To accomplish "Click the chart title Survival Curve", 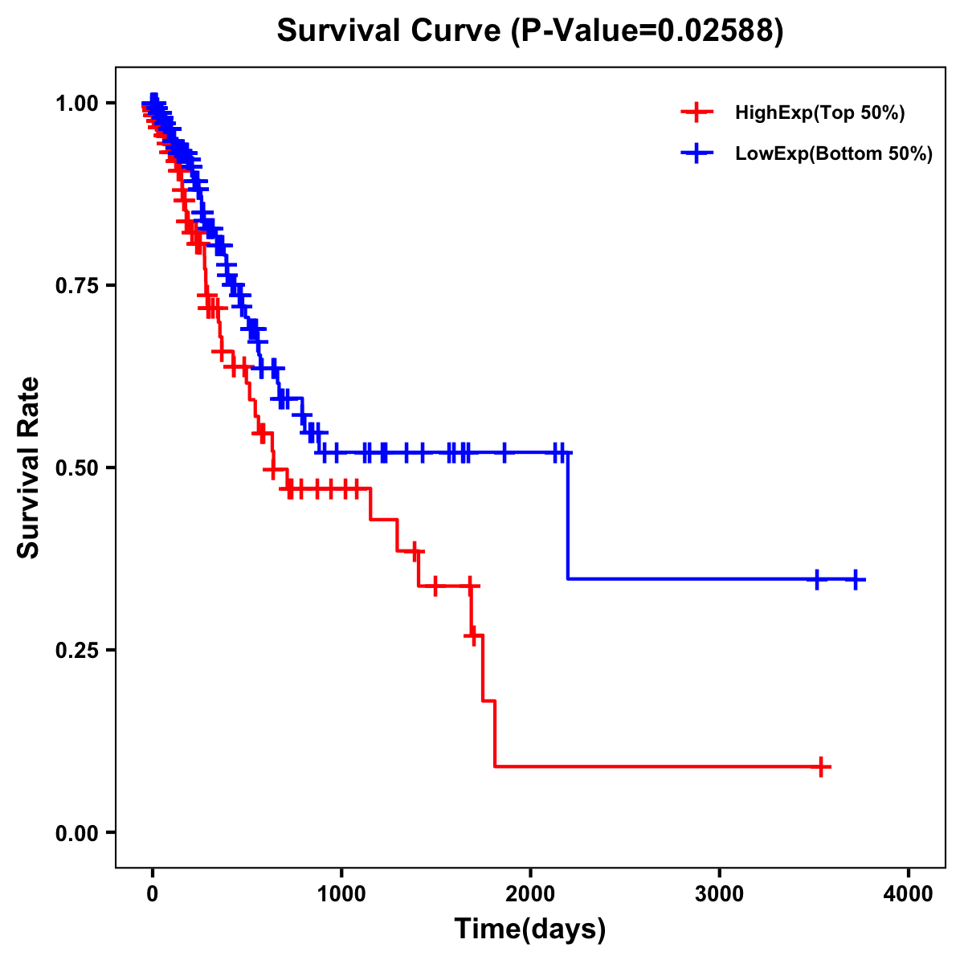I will [x=390, y=31].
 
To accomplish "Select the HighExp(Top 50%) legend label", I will [x=819, y=113].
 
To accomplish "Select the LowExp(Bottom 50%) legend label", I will [x=834, y=154].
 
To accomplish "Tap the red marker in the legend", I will [x=696, y=112].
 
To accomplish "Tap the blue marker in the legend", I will [x=696, y=153].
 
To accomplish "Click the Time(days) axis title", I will [x=530, y=929].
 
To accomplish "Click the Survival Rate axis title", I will [x=29, y=468].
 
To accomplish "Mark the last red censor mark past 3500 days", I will [x=820, y=766].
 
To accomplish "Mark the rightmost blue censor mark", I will [x=856, y=579].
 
